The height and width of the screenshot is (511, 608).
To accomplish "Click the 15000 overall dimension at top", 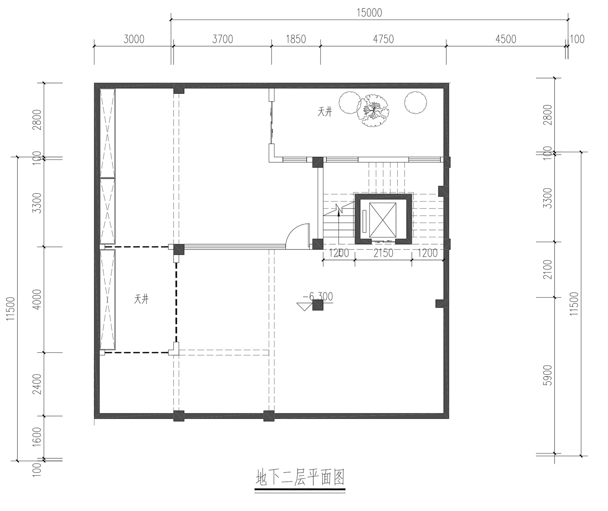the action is [x=369, y=13].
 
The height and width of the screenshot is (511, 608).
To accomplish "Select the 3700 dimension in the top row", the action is [x=223, y=39].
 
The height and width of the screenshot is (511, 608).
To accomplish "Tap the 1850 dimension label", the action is [x=296, y=39].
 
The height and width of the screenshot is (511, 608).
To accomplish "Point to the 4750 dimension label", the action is [x=383, y=39].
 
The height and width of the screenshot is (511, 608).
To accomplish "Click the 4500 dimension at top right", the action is [x=506, y=39].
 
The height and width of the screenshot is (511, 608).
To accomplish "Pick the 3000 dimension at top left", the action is [x=134, y=39].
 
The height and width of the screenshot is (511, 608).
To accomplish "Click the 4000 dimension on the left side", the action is [x=37, y=299].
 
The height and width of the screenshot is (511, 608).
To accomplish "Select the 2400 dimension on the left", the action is [x=37, y=384].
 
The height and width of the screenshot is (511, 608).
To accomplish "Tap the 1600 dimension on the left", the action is [x=37, y=437].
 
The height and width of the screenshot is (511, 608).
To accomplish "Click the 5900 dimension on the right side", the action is [x=548, y=375].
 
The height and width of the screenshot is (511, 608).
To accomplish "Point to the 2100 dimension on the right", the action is [x=548, y=269].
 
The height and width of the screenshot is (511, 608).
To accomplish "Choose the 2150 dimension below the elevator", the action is [x=383, y=253].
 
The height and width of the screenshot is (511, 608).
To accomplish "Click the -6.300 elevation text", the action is [x=318, y=297].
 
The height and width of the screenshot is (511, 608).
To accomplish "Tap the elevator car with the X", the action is [x=383, y=220].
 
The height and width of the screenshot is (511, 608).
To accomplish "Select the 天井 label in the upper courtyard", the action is [x=325, y=112].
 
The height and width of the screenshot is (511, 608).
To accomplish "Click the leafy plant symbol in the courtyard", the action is [x=374, y=111].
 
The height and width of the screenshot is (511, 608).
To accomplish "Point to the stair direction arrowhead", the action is [x=338, y=213].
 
